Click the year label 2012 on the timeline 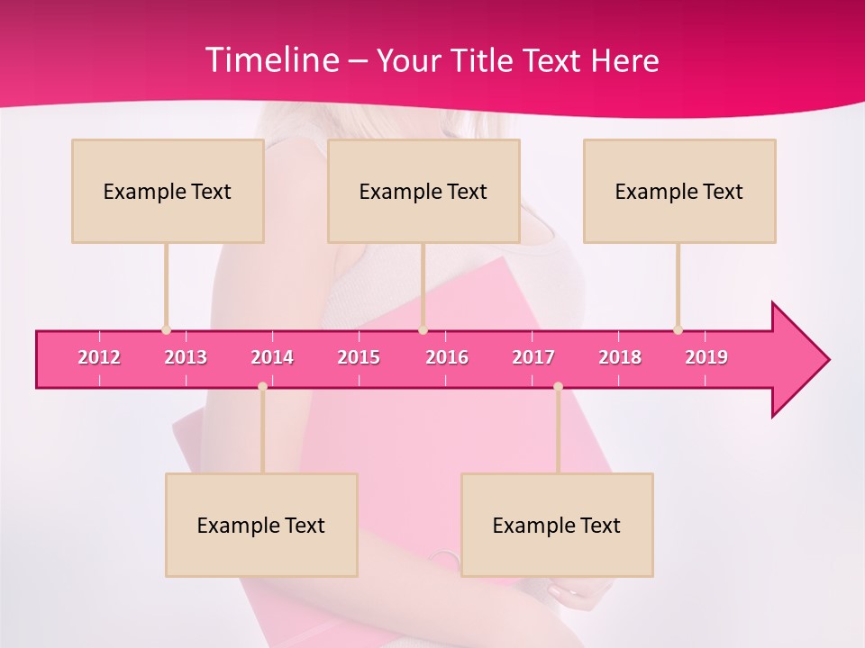click(99, 357)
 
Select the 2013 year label click(186, 357)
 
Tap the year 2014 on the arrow click(272, 357)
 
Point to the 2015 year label click(359, 357)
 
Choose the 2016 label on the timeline click(447, 357)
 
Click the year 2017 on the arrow click(533, 357)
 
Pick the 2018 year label click(620, 357)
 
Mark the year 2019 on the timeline click(706, 357)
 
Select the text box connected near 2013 click(168, 191)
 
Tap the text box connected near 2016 click(423, 191)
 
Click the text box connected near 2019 click(679, 191)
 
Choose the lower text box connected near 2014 click(261, 525)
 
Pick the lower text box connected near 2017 click(557, 525)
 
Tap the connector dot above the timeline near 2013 click(166, 329)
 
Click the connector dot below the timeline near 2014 click(262, 386)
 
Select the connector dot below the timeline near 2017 click(558, 386)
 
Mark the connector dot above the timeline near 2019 click(678, 329)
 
